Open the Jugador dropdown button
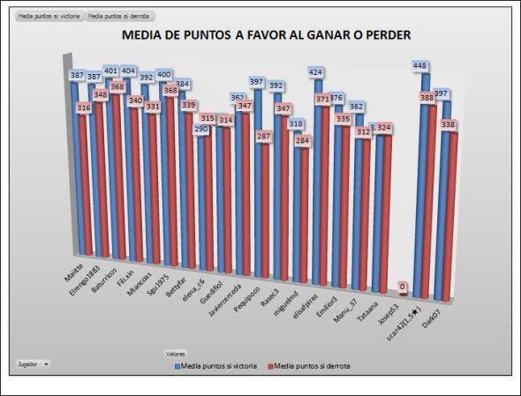[x=34, y=362]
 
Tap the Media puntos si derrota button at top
[x=119, y=16]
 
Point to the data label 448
[x=421, y=65]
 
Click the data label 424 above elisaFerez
[x=316, y=72]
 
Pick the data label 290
[x=202, y=129]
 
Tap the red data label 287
[x=264, y=137]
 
